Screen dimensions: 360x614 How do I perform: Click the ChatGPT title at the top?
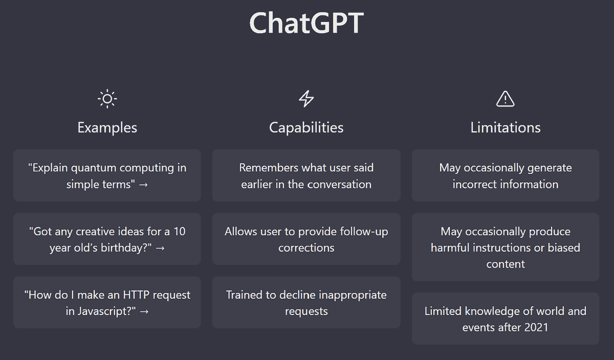coord(306,23)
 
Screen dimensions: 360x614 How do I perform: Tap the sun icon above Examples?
coord(107,99)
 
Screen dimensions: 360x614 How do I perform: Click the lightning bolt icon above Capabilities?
coord(306,99)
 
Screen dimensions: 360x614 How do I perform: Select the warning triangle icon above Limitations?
coord(505,99)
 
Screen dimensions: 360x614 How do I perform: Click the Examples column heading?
coord(107,127)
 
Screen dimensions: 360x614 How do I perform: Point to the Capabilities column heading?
coord(306,127)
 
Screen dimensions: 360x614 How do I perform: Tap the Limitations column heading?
coord(505,127)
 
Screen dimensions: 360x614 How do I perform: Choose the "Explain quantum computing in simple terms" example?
coord(107,175)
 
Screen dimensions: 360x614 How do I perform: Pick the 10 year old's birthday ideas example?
coord(107,239)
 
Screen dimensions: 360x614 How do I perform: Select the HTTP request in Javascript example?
coord(107,303)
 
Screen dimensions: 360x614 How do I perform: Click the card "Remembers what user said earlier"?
coord(306,175)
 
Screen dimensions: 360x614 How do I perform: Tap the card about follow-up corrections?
coord(306,239)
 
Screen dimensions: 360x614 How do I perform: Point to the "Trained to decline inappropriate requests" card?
coord(306,303)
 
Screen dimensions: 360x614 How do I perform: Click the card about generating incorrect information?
coord(505,175)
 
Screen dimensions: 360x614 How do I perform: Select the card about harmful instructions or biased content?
coord(505,247)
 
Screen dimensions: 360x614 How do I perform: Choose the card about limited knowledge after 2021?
coord(505,319)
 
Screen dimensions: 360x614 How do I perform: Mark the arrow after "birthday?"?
coord(160,248)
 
